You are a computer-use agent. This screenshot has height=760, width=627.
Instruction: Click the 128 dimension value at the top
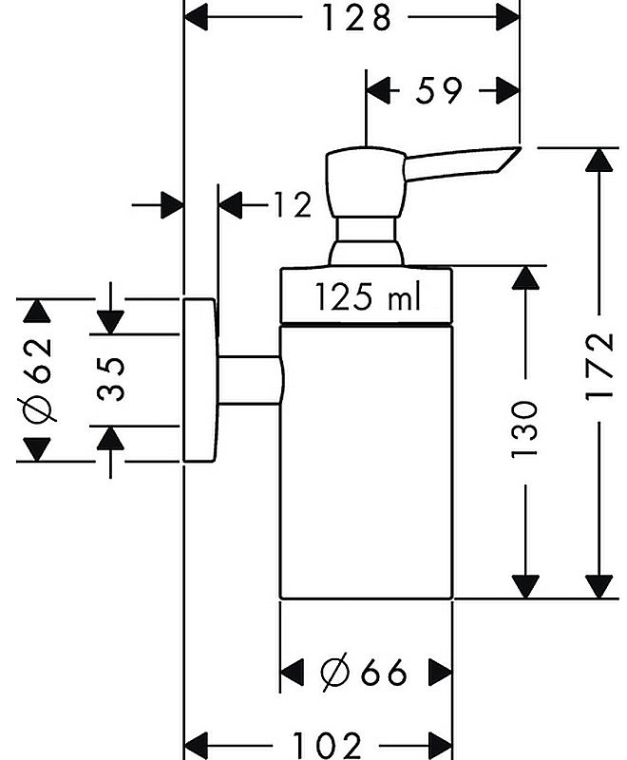tap(356, 18)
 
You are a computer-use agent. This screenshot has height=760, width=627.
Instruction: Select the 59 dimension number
tap(439, 90)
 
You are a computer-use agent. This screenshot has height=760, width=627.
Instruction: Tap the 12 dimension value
tap(293, 204)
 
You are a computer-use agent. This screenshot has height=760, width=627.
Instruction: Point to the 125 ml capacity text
tap(368, 296)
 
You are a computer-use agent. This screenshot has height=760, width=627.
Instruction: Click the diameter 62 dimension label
tap(39, 379)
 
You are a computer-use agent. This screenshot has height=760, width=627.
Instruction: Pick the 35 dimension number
tap(110, 379)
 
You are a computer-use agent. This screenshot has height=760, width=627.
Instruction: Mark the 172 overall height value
tap(599, 366)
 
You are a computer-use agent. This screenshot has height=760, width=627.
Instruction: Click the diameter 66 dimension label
tap(364, 672)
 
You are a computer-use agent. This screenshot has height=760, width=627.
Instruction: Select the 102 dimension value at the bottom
tap(327, 745)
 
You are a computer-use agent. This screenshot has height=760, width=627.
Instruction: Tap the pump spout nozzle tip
tap(518, 148)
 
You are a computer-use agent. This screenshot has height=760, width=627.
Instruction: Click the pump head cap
tap(366, 181)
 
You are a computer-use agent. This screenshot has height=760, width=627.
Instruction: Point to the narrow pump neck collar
tap(366, 229)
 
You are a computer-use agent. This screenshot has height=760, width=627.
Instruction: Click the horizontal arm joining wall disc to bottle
tap(250, 379)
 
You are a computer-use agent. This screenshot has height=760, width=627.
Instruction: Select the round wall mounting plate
tap(199, 381)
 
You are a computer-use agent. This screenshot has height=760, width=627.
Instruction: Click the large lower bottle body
tap(367, 463)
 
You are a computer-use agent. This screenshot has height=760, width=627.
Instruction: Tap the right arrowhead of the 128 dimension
tap(507, 18)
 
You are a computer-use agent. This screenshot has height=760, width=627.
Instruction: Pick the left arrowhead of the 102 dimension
tap(197, 745)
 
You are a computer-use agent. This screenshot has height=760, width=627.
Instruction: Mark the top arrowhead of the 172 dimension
tap(599, 160)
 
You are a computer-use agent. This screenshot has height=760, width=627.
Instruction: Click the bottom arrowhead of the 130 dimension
tap(525, 586)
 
